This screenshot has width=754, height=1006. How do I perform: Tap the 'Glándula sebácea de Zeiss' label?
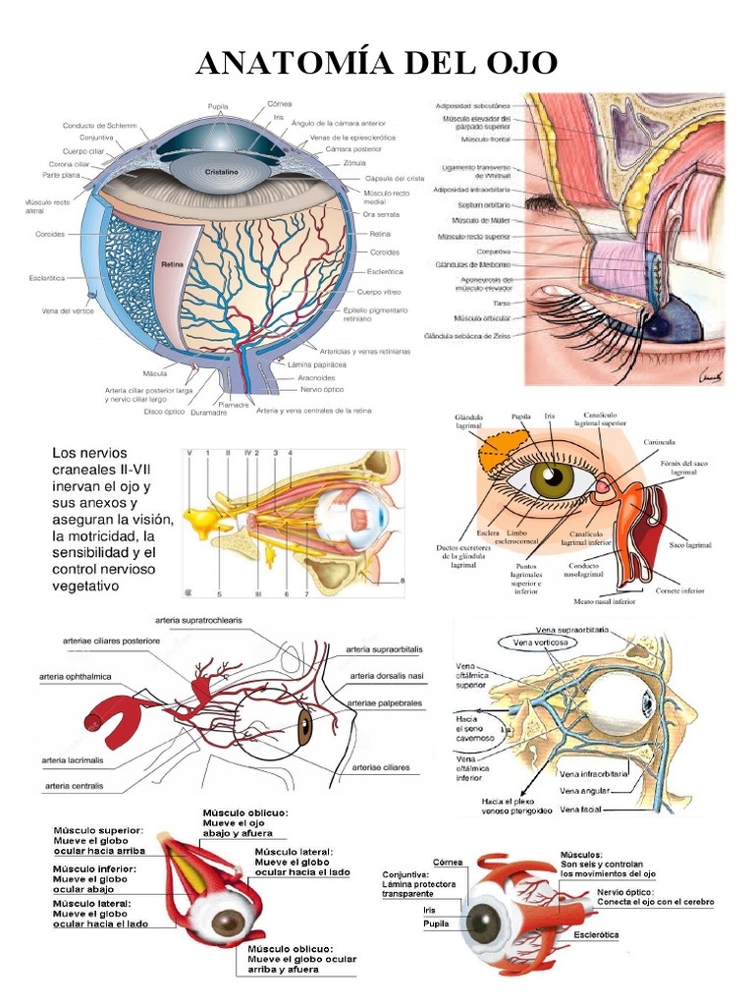point(469,336)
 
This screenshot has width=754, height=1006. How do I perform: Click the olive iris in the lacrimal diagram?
point(552,478)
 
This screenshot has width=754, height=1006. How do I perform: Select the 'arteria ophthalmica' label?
point(76,677)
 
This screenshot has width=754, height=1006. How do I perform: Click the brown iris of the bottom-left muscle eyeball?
point(229,922)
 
